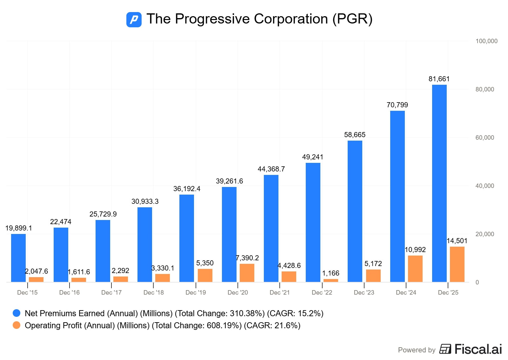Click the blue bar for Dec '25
coord(439,183)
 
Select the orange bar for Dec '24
coord(415,269)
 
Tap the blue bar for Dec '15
coord(18,258)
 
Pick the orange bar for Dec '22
coord(331,280)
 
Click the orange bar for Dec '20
coord(247,273)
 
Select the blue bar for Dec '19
coord(187,238)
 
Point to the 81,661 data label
coord(439,79)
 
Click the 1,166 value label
coord(331,273)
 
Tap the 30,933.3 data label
coord(145,202)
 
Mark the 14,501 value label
coord(457,241)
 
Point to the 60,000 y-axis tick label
coord(485,137)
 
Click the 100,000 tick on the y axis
coord(486,41)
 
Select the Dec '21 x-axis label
coord(279,292)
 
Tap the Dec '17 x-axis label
coord(111,292)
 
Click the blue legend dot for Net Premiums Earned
coord(17,313)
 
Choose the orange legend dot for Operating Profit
coord(17,325)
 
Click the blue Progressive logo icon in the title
coord(134,19)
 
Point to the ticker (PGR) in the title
coord(352,19)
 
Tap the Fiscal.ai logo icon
coord(445,349)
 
